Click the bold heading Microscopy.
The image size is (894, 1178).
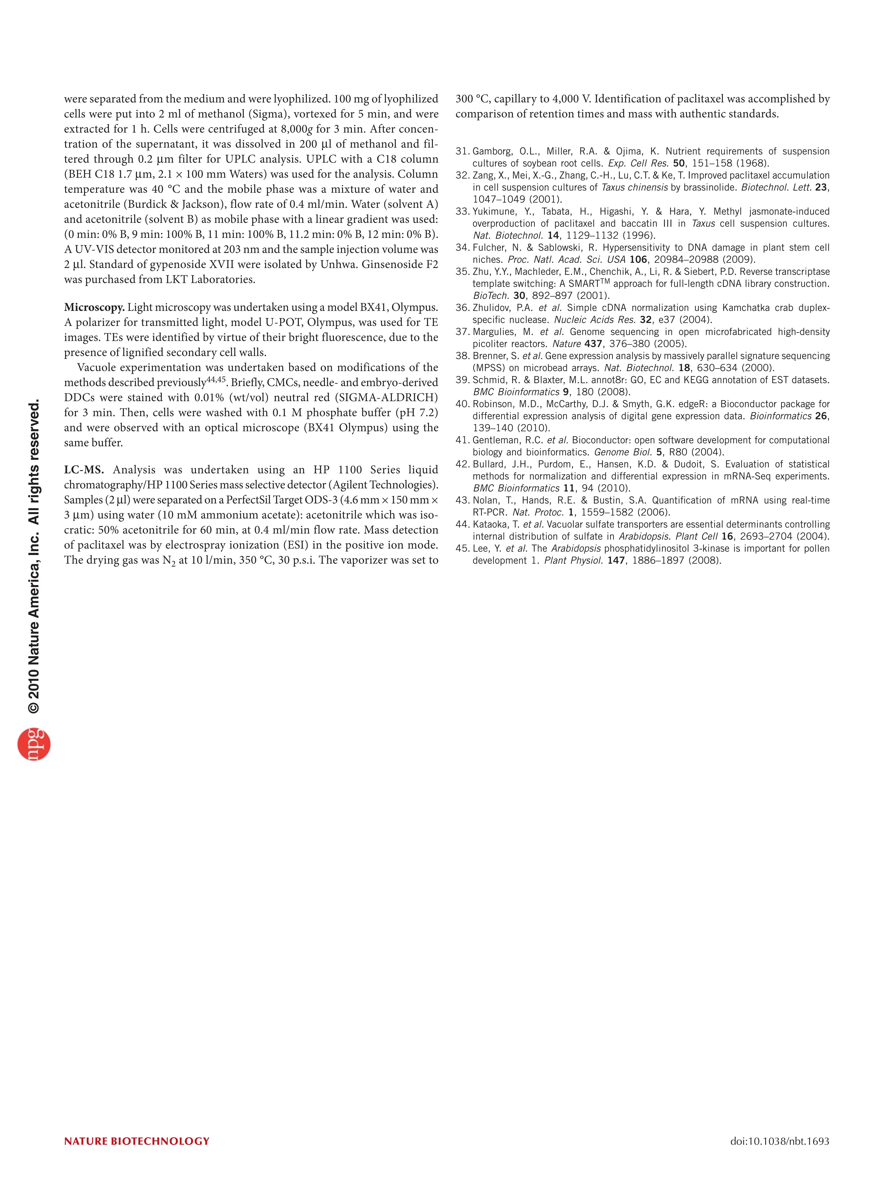click(x=94, y=307)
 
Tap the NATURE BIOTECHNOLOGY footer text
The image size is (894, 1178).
click(x=137, y=1141)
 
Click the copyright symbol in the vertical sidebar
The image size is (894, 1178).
click(x=34, y=707)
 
